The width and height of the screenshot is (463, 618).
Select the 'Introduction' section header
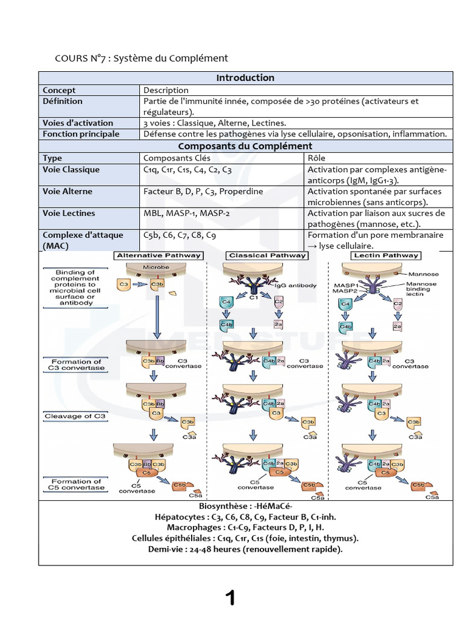pos(245,78)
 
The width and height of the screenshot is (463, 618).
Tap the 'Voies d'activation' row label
pos(78,123)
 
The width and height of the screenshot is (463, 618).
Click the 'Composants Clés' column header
pos(177,158)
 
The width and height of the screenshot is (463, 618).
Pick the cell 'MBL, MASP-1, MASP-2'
pos(187,213)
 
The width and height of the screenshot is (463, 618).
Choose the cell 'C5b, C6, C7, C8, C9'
pos(180,235)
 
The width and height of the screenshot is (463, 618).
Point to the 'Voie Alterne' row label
pos(68,191)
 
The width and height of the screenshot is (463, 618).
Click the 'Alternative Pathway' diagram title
pos(159,255)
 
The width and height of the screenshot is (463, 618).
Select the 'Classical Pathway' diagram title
pos(267,255)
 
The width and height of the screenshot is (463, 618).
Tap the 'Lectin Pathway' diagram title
pos(386,255)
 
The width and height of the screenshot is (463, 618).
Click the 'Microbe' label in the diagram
pos(156,267)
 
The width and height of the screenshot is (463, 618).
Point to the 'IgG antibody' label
pos(295,285)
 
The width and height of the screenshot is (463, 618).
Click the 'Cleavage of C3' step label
pos(75,416)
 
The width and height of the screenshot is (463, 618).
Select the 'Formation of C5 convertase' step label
pos(77,485)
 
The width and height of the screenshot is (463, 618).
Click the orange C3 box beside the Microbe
pos(124,285)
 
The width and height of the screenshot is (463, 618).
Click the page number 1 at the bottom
pos(230,598)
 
